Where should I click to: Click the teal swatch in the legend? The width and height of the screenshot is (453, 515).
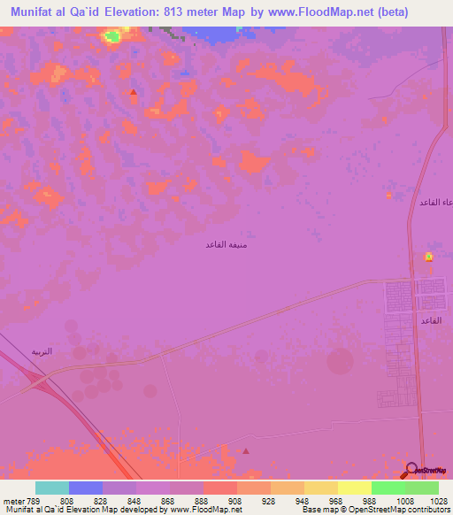(52, 488)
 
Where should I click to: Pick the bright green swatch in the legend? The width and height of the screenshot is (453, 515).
(388, 488)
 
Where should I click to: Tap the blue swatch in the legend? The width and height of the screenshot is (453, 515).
(86, 488)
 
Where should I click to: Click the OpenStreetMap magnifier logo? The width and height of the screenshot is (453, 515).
(411, 469)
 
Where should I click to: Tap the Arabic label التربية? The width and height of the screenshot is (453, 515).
(42, 351)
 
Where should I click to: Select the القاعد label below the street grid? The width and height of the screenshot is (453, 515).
(431, 319)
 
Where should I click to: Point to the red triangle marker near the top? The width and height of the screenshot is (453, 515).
(133, 92)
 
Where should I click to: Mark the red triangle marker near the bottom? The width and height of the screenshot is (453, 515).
(246, 450)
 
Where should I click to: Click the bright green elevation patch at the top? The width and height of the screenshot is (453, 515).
(112, 36)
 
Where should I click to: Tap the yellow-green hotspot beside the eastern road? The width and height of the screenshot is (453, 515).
(429, 257)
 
